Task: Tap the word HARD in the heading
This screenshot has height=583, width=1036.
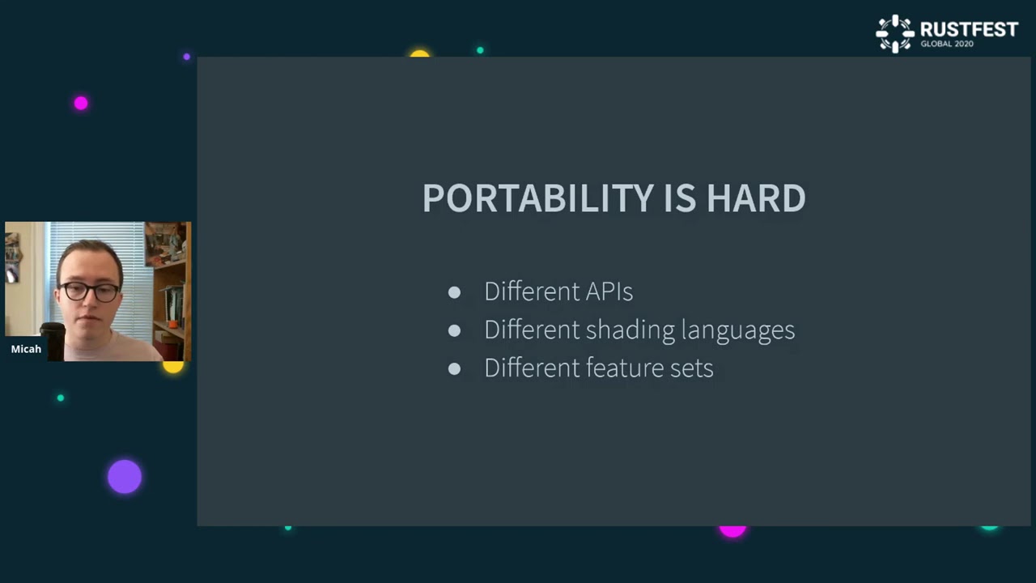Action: [x=755, y=198]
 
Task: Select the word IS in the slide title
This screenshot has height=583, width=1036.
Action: [x=680, y=198]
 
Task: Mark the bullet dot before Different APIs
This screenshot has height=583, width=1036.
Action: [x=454, y=292]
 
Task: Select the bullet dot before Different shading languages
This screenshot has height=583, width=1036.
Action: [x=454, y=330]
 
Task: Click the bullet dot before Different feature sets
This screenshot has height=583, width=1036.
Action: [x=454, y=368]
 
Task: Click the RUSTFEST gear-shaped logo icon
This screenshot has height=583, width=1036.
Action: [x=895, y=33]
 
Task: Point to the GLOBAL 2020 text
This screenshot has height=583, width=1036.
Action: [x=946, y=44]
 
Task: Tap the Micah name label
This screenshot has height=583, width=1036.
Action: [x=26, y=349]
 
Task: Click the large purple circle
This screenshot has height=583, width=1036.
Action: [x=125, y=477]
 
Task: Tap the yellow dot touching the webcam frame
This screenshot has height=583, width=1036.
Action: [x=173, y=367]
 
